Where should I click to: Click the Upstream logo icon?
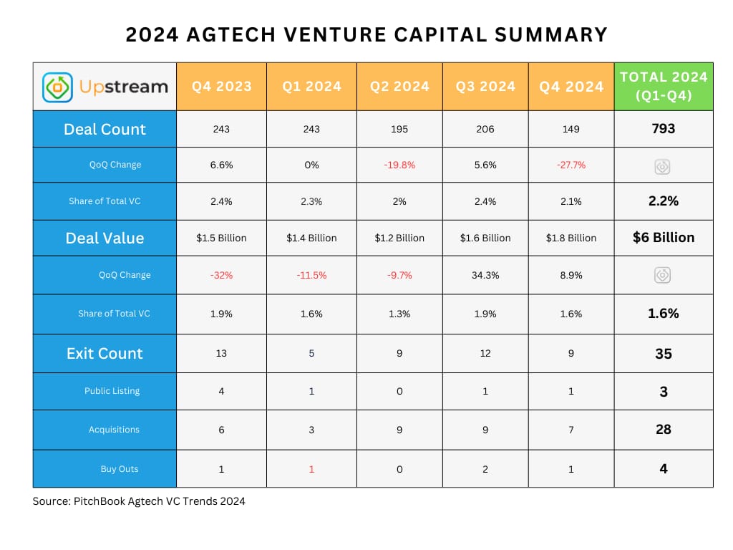57,87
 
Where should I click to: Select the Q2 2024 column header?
399,87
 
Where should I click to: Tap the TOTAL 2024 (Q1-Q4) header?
664,86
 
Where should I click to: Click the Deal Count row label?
105,129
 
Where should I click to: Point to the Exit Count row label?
105,354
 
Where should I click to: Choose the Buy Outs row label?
120,468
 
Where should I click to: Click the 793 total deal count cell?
664,129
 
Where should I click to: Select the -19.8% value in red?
399,165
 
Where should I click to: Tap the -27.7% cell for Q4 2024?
571,165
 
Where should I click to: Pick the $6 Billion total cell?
664,238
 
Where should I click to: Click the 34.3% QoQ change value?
485,276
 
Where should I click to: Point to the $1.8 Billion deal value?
571,238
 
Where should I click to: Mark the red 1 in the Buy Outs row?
311,469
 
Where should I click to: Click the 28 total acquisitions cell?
664,430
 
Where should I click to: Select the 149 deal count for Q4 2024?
571,129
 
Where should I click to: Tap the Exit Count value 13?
221,354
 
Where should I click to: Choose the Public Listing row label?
112,391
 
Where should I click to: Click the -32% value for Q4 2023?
221,276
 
